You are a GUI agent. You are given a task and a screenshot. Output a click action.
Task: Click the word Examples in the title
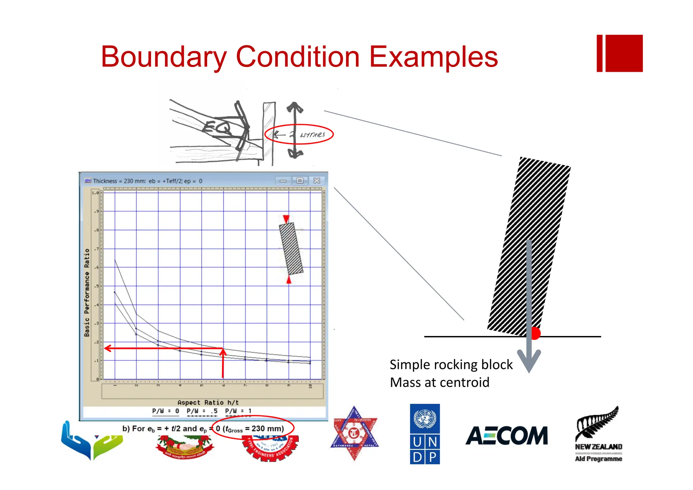point(433,57)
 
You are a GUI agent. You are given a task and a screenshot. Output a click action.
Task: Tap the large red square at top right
point(624,53)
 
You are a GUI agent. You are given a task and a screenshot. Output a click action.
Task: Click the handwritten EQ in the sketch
point(217,127)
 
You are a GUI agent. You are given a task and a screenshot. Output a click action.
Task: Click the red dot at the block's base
point(535,333)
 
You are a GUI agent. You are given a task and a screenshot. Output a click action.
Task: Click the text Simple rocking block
point(451,365)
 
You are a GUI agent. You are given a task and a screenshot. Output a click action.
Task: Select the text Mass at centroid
point(439,383)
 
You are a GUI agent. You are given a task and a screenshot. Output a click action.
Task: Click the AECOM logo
point(506,436)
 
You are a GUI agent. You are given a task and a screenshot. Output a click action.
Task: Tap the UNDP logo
point(425,434)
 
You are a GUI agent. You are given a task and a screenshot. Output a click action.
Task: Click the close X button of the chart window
point(317,181)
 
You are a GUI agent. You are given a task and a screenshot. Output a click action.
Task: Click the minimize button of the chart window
point(283,181)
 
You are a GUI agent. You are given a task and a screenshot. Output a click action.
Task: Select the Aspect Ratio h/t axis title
point(208,402)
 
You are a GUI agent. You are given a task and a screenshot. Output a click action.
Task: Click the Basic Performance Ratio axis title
point(87,292)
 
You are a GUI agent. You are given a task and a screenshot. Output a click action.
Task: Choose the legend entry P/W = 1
point(238,411)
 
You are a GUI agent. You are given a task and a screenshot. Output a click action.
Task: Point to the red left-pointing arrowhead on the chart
point(108,348)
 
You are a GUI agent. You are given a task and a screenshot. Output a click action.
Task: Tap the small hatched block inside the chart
point(291,249)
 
